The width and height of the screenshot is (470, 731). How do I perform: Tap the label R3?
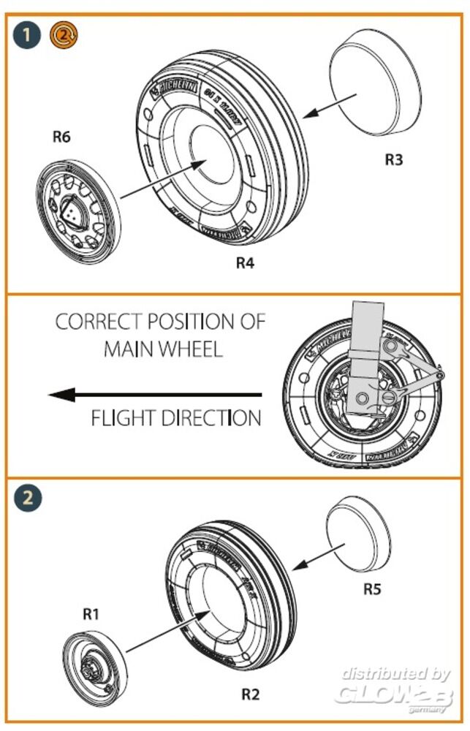[x=394, y=159]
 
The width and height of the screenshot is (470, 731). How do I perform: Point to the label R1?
[x=90, y=614]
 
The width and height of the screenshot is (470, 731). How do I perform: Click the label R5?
[x=373, y=588]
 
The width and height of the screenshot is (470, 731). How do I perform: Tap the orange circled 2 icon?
[x=61, y=34]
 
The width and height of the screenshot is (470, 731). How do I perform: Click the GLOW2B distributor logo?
[x=395, y=688]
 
